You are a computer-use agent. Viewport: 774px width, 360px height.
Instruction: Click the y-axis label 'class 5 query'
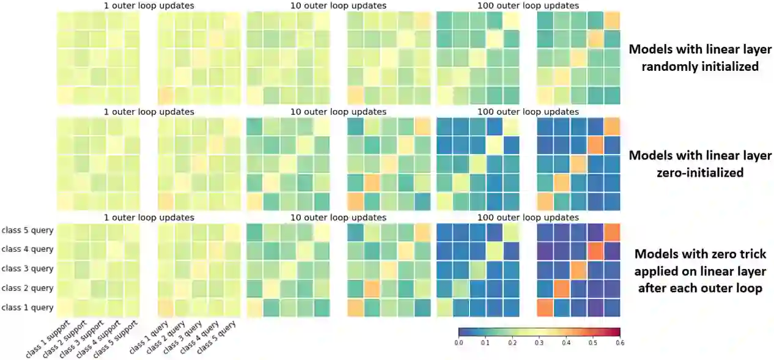tap(28, 230)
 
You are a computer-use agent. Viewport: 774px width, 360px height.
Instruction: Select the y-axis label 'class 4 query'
tap(28, 249)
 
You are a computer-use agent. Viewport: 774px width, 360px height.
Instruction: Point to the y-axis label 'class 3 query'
tap(28, 268)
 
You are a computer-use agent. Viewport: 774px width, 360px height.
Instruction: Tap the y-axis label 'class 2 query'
tap(28, 288)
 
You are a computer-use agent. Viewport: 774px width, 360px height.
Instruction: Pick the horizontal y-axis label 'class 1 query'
tap(28, 307)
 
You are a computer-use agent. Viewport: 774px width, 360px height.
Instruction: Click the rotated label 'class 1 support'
tap(48, 338)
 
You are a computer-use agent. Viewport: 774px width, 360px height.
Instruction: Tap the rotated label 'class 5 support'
tap(117, 338)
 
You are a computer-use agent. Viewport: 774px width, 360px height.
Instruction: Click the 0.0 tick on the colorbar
tap(459, 343)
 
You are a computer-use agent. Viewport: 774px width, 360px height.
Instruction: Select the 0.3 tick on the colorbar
tap(539, 343)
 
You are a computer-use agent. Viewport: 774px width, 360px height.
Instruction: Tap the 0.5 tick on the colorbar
tap(592, 343)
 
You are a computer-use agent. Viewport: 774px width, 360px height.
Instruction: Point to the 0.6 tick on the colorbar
tap(619, 343)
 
